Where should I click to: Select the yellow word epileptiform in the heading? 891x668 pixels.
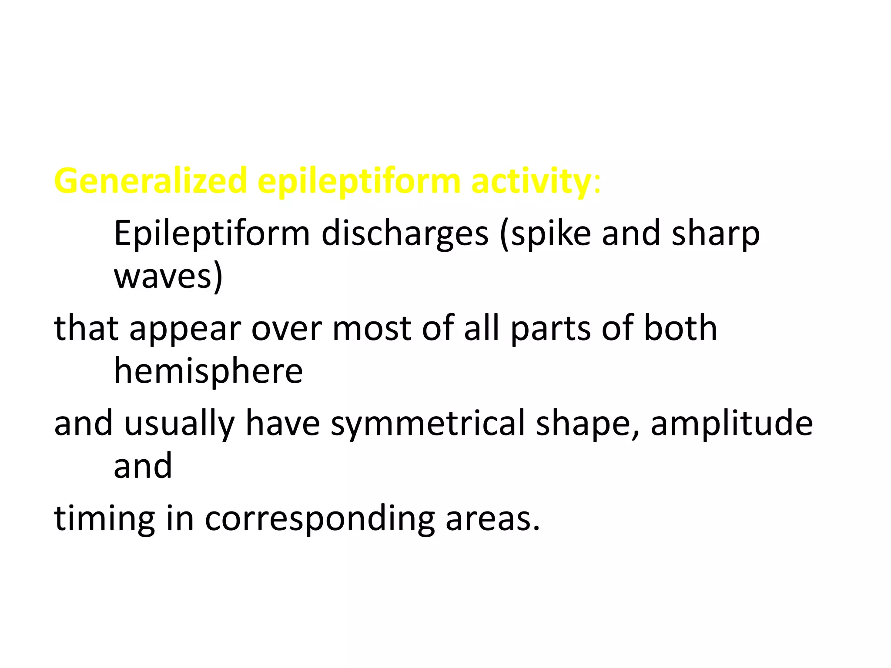[x=358, y=181]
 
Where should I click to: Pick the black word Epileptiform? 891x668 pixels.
[x=212, y=234]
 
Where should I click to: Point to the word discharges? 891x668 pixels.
[x=405, y=234]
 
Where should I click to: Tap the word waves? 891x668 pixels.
[x=163, y=277]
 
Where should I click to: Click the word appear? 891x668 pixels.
[x=185, y=329]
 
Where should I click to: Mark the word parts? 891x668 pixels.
[x=550, y=329]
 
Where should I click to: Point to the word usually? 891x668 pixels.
[x=179, y=424]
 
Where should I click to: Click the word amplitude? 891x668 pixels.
[x=731, y=424]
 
